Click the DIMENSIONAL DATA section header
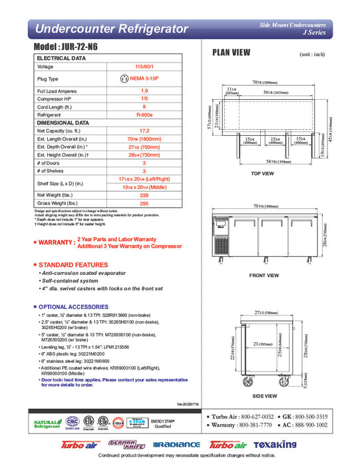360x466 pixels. tap(64, 123)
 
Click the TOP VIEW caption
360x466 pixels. tap(262, 174)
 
